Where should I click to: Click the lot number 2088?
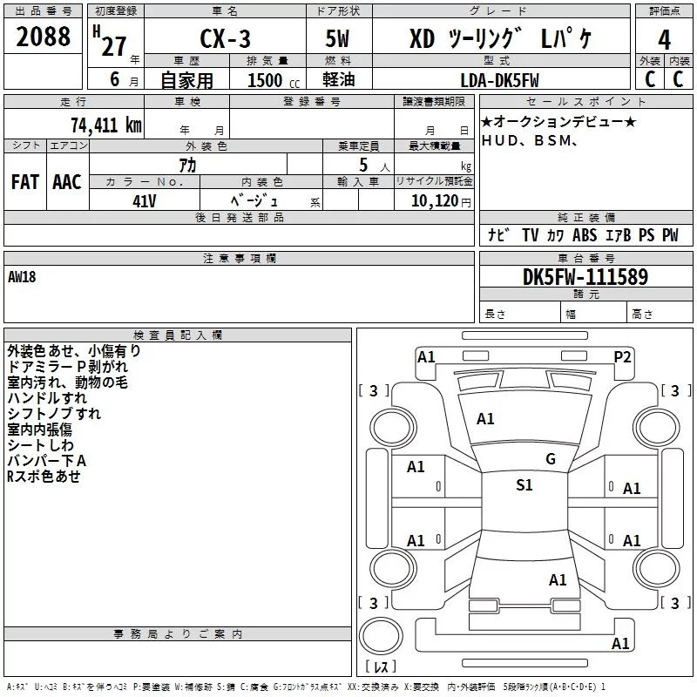coord(44,37)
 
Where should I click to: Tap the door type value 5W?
coord(339,40)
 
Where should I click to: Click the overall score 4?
coord(664,39)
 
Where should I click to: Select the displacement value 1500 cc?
coord(265,81)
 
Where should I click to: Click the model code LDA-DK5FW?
coord(499,81)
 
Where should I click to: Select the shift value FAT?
coord(25,182)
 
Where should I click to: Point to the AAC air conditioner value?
coord(66,182)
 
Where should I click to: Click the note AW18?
coord(23,277)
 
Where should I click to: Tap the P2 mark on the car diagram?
coord(622,356)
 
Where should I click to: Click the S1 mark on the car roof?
coord(524,485)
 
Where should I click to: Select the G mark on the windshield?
coord(550,459)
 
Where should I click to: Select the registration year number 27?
coord(113,47)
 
